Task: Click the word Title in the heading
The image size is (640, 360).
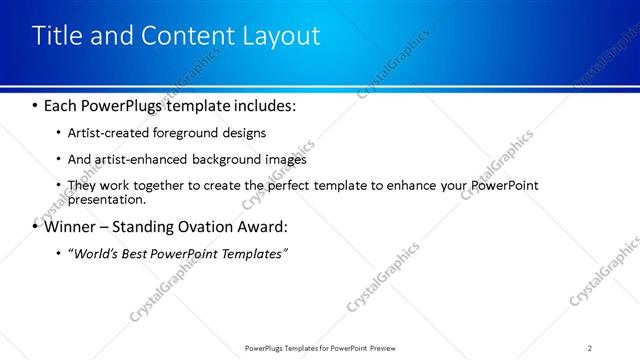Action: pyautogui.click(x=57, y=36)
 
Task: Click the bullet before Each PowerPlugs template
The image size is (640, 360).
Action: pyautogui.click(x=36, y=105)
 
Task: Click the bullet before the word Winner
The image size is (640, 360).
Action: pyautogui.click(x=36, y=226)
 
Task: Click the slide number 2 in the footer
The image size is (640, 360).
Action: pyautogui.click(x=589, y=348)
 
